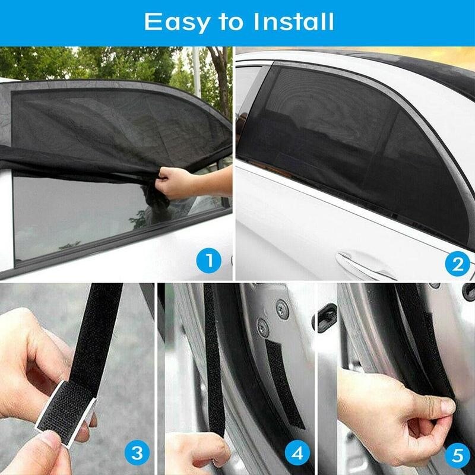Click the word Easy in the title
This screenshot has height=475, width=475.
click(175, 23)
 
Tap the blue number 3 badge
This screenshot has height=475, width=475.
click(137, 454)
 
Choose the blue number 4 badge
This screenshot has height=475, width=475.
click(297, 454)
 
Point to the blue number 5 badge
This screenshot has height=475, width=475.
click(456, 454)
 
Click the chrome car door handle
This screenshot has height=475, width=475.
click(365, 265)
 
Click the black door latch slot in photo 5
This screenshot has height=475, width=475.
click(326, 318)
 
